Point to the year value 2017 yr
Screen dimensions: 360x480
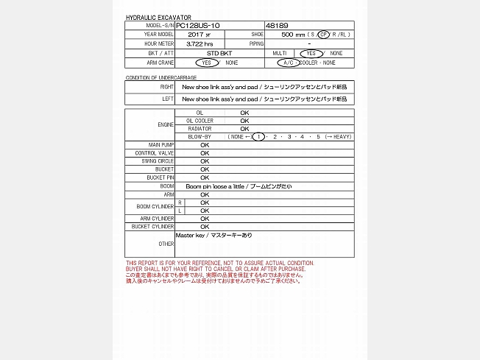199,35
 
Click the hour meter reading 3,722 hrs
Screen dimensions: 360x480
200,44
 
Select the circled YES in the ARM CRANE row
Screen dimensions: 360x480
208,63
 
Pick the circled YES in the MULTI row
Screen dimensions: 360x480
311,54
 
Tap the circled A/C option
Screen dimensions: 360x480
286,63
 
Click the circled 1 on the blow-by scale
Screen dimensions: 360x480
258,137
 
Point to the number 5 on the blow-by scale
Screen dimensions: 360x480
319,137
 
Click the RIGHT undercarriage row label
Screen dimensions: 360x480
167,87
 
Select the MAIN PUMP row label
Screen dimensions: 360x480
161,145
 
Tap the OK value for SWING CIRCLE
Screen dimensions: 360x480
205,161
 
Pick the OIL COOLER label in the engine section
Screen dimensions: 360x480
200,121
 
